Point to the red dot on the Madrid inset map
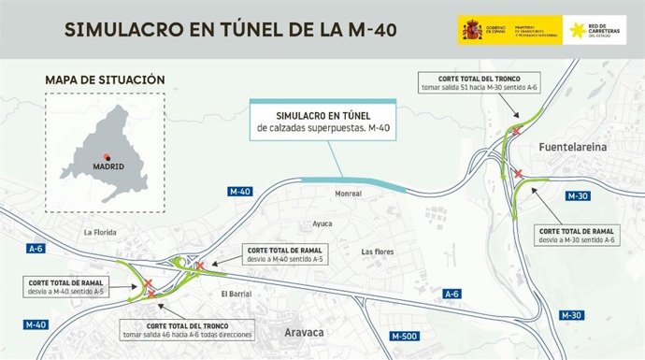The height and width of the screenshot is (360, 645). (x=107, y=156)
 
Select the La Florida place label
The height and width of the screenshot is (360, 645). (x=100, y=232)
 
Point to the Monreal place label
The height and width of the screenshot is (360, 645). (x=348, y=195)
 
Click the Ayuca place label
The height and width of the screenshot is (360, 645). (x=322, y=224)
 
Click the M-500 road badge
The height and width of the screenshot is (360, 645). (x=405, y=335)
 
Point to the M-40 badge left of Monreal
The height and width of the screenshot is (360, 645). (x=240, y=192)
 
